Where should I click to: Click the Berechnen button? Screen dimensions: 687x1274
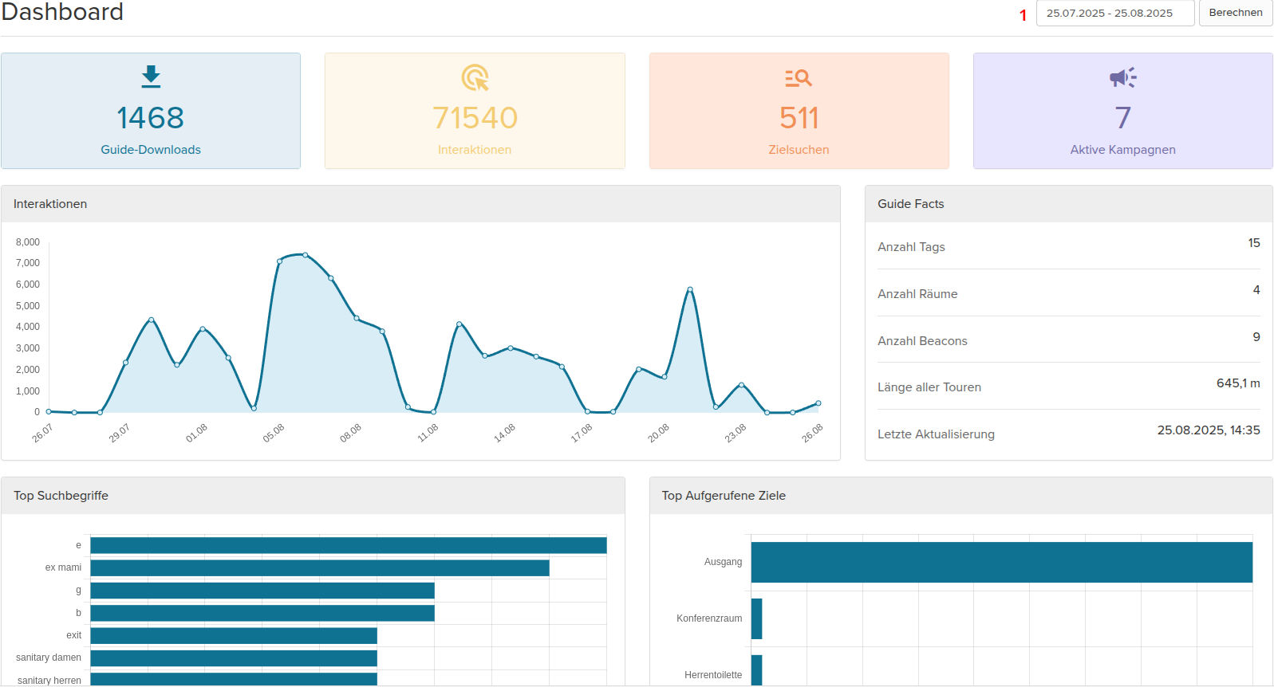click(1235, 13)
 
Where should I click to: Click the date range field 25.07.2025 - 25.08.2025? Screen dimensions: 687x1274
click(1114, 14)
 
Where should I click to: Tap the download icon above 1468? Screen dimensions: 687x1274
click(151, 77)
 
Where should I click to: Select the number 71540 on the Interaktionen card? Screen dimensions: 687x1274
click(475, 118)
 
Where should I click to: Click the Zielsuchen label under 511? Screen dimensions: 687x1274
click(799, 150)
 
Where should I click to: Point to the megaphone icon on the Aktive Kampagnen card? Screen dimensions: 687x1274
click(1122, 77)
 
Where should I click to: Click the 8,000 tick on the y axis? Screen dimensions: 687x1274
click(28, 242)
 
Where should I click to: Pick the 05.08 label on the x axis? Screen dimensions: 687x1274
click(274, 433)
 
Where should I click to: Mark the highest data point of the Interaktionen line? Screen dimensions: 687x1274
click(305, 255)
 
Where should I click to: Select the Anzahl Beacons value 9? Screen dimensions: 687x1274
click(1256, 337)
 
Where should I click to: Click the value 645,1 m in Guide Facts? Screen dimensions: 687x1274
click(1237, 383)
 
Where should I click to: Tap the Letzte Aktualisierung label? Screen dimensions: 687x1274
click(936, 434)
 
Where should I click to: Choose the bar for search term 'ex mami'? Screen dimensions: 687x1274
click(319, 567)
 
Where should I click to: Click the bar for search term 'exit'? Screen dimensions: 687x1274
click(233, 635)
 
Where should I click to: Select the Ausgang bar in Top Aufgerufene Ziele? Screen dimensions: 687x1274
click(1001, 563)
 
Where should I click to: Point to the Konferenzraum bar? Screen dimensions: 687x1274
click(756, 618)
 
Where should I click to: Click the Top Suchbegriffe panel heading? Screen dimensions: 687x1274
click(61, 496)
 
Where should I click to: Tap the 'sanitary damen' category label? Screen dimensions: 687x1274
click(49, 658)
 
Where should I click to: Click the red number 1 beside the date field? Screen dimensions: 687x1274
click(1023, 15)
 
